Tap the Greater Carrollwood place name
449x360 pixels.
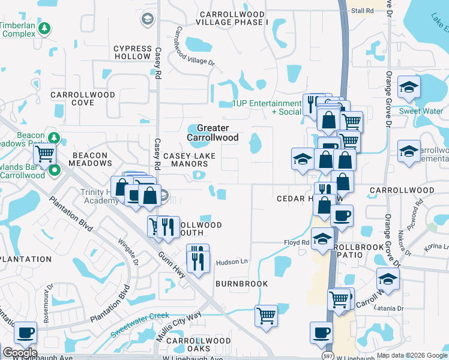click(212, 133)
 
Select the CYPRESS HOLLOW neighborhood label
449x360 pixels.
click(133, 52)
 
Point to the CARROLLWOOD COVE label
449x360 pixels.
click(83, 98)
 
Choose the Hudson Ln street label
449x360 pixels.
click(232, 262)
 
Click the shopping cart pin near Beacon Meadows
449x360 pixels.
click(45, 155)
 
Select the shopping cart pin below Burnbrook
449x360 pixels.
click(266, 315)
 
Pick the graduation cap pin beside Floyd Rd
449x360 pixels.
click(322, 239)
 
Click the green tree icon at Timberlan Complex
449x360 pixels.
click(44, 28)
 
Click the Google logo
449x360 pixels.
click(20, 353)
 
